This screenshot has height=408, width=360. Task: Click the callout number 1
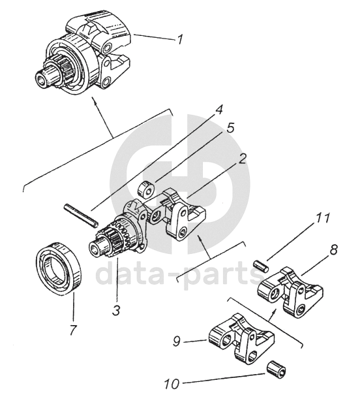tap(180, 39)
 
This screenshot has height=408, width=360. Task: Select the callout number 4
tap(218, 110)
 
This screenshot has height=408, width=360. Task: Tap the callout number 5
tap(230, 129)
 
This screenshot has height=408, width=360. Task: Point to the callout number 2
tap(241, 159)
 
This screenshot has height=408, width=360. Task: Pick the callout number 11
tap(322, 218)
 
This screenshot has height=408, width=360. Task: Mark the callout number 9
tap(177, 341)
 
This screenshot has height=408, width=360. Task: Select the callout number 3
tap(116, 310)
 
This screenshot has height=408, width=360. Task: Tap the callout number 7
tap(72, 330)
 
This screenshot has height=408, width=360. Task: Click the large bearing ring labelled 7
tap(59, 268)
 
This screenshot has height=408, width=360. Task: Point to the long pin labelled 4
tap(81, 215)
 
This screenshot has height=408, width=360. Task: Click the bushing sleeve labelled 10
tap(277, 369)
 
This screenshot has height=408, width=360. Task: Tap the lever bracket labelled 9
tap(242, 339)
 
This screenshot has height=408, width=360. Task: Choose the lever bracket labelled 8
tap(290, 292)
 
